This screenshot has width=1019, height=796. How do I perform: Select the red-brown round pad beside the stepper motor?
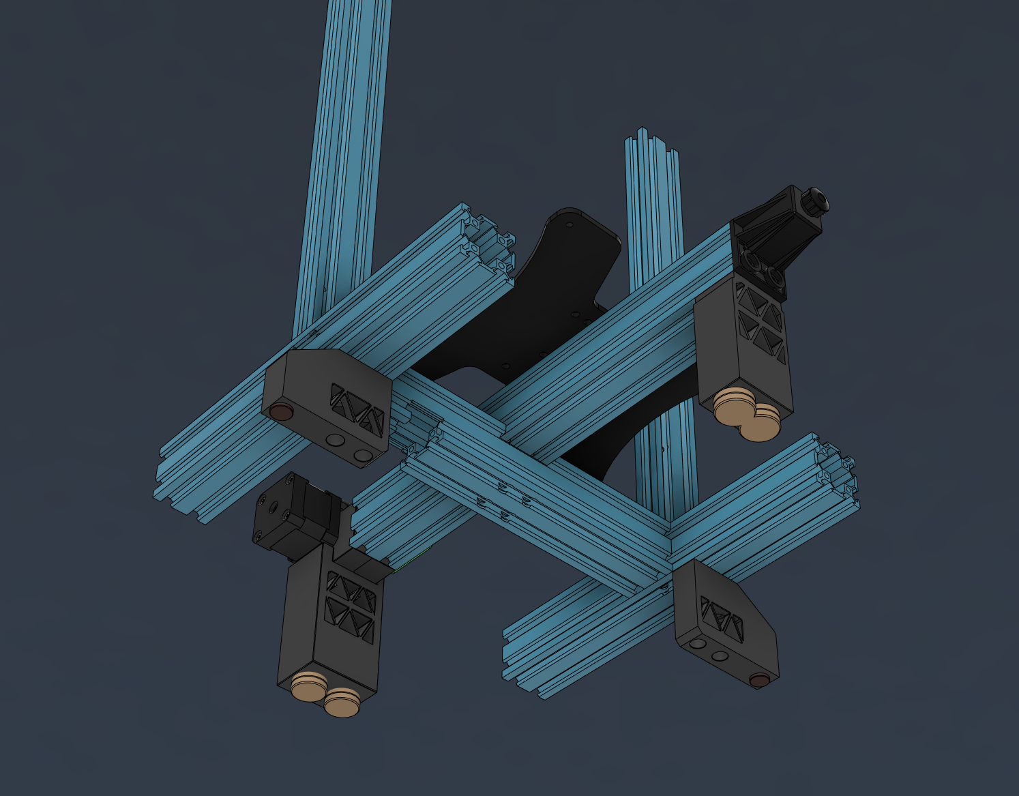click(280, 411)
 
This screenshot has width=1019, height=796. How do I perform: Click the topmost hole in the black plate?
click(570, 223)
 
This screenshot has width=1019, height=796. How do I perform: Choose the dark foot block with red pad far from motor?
click(725, 624)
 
